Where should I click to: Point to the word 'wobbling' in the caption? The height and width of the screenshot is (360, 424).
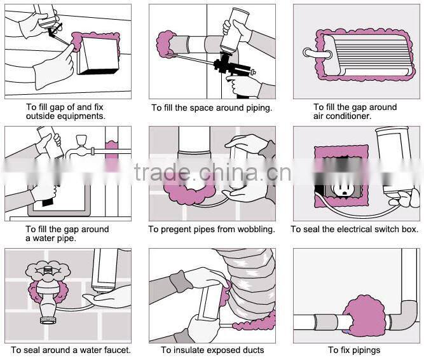point(254,229)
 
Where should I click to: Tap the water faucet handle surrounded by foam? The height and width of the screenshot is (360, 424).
point(46,269)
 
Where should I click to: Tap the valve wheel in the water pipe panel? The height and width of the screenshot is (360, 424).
point(81,142)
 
